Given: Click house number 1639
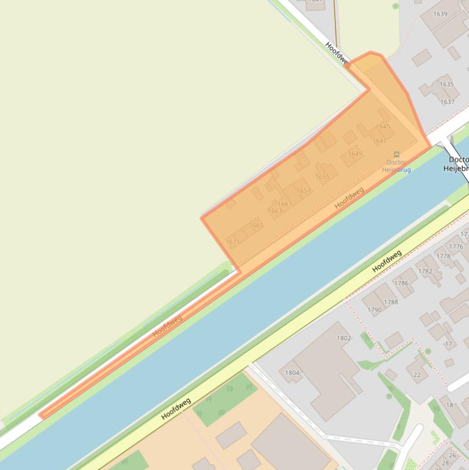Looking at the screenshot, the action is click(x=440, y=14).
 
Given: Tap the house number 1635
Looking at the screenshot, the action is click(x=446, y=84).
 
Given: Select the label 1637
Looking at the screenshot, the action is click(x=448, y=102).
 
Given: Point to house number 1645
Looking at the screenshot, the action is click(x=383, y=126).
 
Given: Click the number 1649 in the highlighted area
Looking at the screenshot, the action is click(x=355, y=154).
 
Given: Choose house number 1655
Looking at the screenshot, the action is click(x=322, y=177).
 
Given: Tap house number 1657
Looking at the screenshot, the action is click(x=304, y=191).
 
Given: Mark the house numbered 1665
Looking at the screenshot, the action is click(x=256, y=225).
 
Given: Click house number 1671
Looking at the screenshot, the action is click(x=232, y=242).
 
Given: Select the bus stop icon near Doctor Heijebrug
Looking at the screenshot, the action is click(x=397, y=154).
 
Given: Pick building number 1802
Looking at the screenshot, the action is click(x=344, y=338).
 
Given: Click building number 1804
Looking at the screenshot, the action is click(x=292, y=372).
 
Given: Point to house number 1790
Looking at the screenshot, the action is click(x=374, y=310).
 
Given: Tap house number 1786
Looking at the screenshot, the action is click(x=401, y=283).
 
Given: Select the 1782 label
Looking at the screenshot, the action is click(x=425, y=272).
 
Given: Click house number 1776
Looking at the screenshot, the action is click(x=456, y=247).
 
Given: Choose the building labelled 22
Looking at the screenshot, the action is click(x=417, y=375).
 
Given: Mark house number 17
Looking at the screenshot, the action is click(x=448, y=344).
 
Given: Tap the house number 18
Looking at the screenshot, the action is click(x=449, y=405).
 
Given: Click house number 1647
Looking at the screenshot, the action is click(x=379, y=141).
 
